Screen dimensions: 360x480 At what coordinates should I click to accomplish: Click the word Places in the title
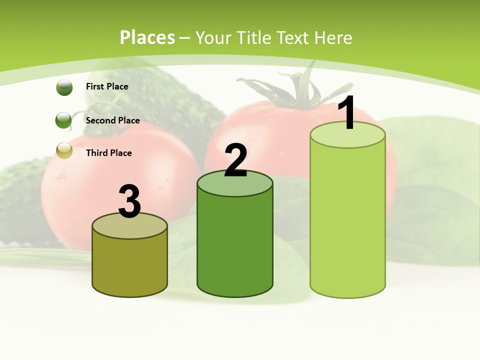pos(147,37)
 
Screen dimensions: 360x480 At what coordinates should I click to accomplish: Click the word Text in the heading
pos(293,37)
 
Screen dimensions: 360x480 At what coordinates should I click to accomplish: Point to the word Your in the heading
pos(213,37)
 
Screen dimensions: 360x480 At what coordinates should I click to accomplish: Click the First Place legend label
pos(107,86)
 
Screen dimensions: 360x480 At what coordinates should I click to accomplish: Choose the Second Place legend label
pos(112,120)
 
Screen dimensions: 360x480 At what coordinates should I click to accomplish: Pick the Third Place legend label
pos(108,153)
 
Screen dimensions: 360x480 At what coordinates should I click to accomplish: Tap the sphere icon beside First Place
pos(64,87)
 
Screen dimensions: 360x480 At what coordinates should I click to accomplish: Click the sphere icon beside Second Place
pos(63,120)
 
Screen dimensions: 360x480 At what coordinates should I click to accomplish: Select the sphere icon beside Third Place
pos(64,150)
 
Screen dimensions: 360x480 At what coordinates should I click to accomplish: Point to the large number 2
pos(235,160)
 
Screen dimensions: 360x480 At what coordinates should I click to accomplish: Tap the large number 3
pos(129,201)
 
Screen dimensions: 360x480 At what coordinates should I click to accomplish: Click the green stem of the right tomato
pos(295,92)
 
